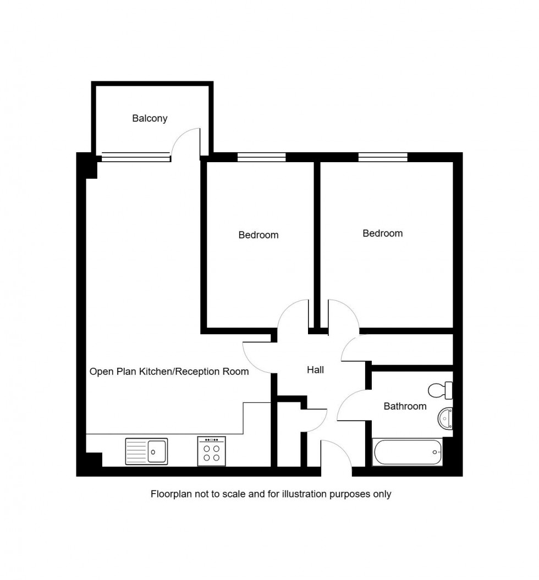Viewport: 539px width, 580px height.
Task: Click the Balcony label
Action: pyautogui.click(x=150, y=118)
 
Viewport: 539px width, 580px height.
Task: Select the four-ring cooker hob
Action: pyautogui.click(x=211, y=451)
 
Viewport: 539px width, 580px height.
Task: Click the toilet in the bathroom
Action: pyautogui.click(x=441, y=390)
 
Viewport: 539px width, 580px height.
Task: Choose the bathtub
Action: pyautogui.click(x=408, y=452)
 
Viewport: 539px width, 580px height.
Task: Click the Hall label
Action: pyautogui.click(x=315, y=370)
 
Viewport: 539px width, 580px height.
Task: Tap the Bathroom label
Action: pyautogui.click(x=405, y=406)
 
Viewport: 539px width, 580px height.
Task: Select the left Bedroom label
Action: pyautogui.click(x=258, y=235)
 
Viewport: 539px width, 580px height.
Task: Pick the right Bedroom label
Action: pyautogui.click(x=382, y=233)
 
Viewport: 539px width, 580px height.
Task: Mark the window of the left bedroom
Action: pyautogui.click(x=262, y=157)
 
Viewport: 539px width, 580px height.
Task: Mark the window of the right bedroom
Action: pyautogui.click(x=383, y=157)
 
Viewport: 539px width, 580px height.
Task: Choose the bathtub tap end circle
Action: pyautogui.click(x=435, y=452)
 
